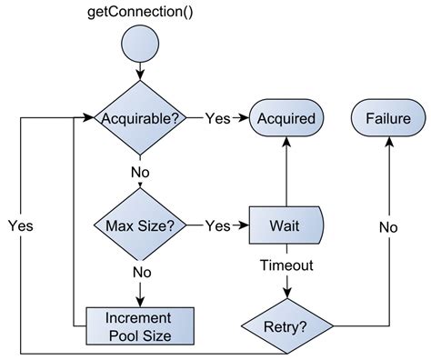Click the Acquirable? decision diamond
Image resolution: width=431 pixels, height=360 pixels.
[x=141, y=118]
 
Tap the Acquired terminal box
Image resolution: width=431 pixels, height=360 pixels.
[x=286, y=118]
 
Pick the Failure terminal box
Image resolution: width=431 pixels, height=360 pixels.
[x=388, y=118]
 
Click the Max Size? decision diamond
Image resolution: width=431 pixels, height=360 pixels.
[x=141, y=225]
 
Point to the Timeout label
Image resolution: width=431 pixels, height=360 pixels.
[x=287, y=265]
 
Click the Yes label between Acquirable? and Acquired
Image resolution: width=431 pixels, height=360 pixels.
[x=217, y=118]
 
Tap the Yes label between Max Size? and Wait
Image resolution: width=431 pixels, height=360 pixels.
[x=217, y=225]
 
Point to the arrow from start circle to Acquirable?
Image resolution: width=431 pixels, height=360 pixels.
[x=141, y=73]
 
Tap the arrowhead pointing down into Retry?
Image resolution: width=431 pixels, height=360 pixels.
[x=287, y=293]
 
